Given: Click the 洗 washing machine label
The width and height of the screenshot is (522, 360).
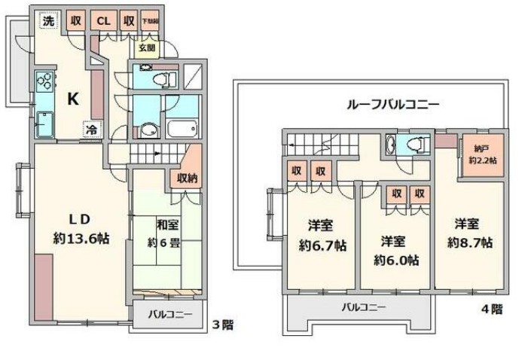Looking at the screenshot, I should [x=48, y=21].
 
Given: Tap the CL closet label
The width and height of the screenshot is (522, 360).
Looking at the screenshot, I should [x=103, y=21].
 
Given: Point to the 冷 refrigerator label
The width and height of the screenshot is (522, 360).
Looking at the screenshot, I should [x=90, y=129].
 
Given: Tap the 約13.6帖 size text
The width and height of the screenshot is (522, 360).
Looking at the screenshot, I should [x=81, y=238].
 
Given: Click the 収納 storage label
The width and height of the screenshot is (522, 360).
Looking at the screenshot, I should [x=188, y=178].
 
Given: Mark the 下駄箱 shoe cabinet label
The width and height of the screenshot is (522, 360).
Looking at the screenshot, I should [x=151, y=21].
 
